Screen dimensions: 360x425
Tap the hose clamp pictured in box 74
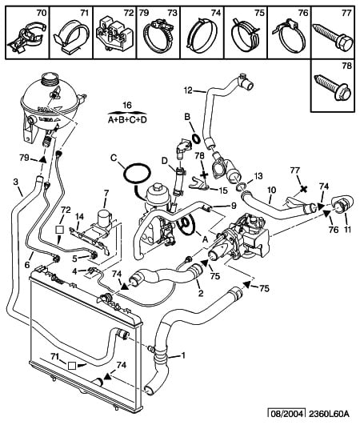point(202,35)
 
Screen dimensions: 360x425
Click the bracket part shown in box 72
point(114,34)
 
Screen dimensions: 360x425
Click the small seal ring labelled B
point(196,138)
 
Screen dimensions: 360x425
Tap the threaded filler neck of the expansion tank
point(50,79)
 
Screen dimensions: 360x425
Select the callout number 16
point(126,105)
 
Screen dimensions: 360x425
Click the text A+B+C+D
point(127,119)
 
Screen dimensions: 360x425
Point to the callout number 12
point(188,90)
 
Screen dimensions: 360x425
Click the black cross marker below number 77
point(304,189)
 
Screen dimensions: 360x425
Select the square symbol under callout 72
point(59,230)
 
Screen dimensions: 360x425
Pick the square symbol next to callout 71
point(71,366)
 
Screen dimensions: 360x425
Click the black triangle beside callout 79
point(42,159)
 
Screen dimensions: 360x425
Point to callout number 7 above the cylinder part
point(106,193)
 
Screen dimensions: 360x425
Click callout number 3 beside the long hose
point(15,182)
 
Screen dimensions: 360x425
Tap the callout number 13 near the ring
point(258,176)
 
